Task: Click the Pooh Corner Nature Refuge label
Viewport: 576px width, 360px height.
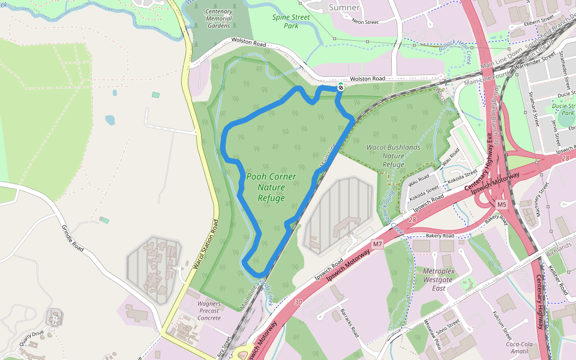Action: pyautogui.click(x=271, y=187)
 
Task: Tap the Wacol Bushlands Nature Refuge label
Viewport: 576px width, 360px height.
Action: pyautogui.click(x=394, y=156)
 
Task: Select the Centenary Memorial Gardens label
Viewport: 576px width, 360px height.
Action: pyautogui.click(x=218, y=19)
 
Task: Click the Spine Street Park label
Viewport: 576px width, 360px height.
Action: pyautogui.click(x=291, y=22)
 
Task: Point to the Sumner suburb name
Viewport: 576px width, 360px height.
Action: pyautogui.click(x=344, y=8)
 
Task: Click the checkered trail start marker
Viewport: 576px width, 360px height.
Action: pyautogui.click(x=341, y=87)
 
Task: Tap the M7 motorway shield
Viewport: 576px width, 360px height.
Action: pyautogui.click(x=377, y=244)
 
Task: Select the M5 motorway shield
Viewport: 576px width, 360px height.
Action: pyautogui.click(x=502, y=205)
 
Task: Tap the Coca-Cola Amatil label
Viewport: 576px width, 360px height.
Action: pyautogui.click(x=520, y=348)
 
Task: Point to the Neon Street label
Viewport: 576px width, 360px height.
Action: pyautogui.click(x=365, y=22)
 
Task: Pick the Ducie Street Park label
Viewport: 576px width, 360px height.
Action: pyautogui.click(x=564, y=109)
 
